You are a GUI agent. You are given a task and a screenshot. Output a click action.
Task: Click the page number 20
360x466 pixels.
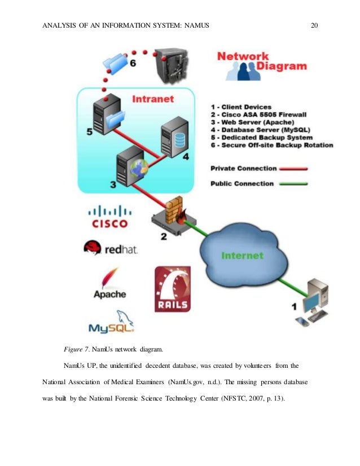pos(315,24)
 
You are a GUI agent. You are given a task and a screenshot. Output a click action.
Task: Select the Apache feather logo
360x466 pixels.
pos(110,282)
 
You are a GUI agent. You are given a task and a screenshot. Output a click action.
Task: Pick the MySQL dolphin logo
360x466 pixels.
pos(111,322)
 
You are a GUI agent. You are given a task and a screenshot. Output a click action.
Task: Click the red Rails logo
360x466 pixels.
pos(172,289)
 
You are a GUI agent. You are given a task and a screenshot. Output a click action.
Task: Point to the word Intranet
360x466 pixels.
pos(152,99)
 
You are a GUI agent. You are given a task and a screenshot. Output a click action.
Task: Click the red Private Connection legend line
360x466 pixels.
pos(289,168)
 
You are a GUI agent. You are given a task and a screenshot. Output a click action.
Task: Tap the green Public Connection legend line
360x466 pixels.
pos(289,183)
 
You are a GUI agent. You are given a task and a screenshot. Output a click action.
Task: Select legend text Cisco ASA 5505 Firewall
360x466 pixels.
pos(262,115)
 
